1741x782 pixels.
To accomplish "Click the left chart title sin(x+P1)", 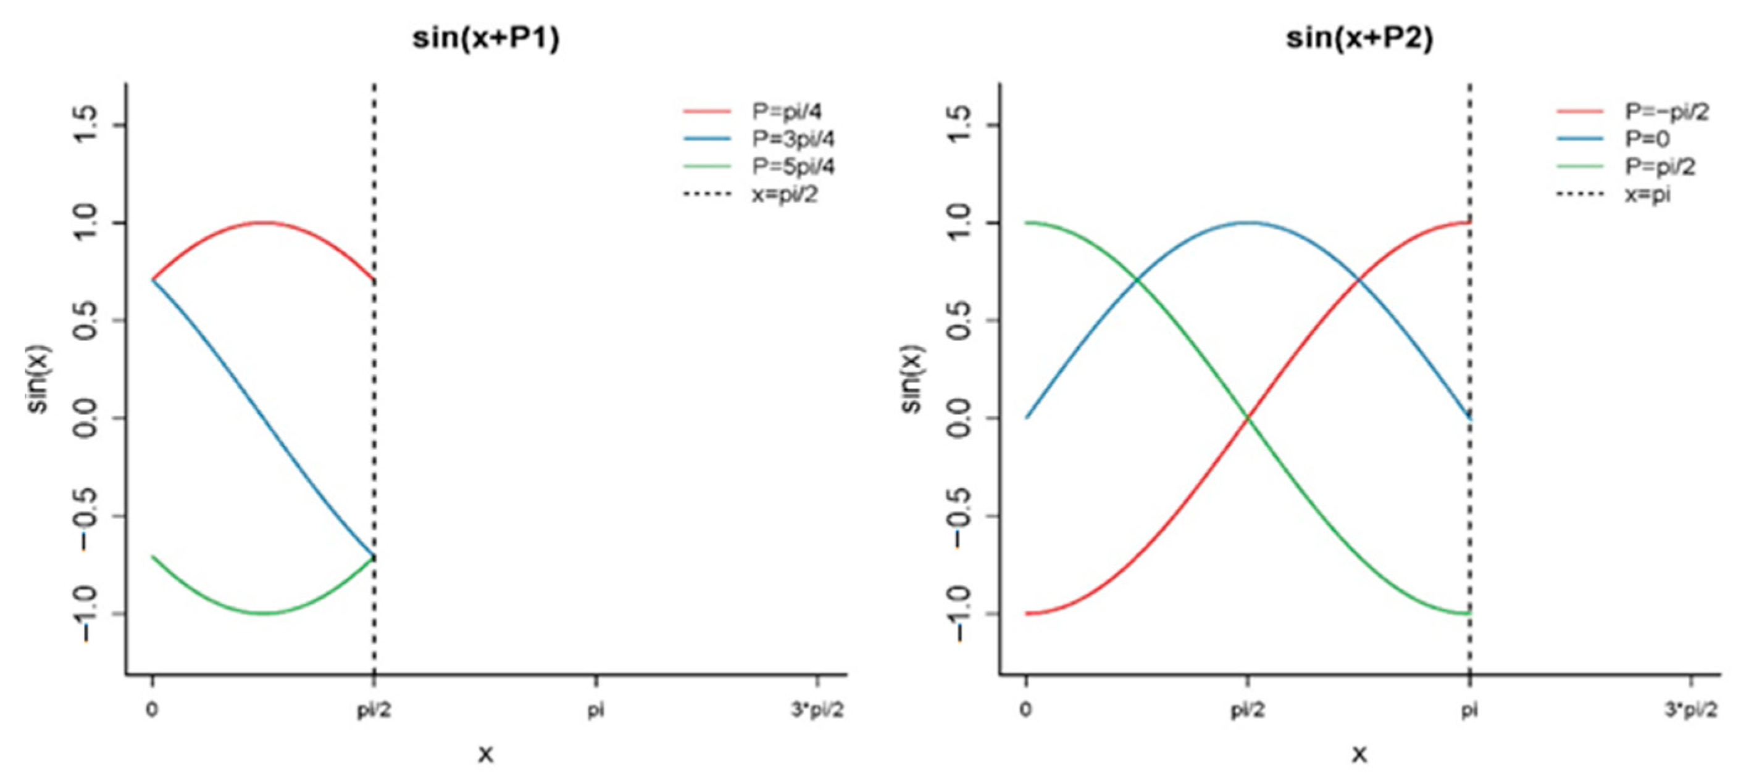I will tap(486, 38).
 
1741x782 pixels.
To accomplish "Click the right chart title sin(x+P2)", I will tap(1359, 38).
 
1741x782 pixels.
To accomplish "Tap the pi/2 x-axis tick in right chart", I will tap(1247, 710).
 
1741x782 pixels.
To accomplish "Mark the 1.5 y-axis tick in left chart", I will tap(86, 125).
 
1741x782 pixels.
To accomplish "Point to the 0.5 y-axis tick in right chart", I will tap(961, 321).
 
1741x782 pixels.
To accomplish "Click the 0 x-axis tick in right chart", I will tap(1026, 710).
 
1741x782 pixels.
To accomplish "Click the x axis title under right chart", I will tap(1359, 754).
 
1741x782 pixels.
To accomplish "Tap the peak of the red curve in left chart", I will tap(264, 222).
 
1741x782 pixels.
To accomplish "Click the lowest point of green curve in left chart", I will tap(264, 613).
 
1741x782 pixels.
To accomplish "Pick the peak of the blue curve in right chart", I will tap(1248, 222).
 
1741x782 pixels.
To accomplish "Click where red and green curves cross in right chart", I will tap(1248, 419).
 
